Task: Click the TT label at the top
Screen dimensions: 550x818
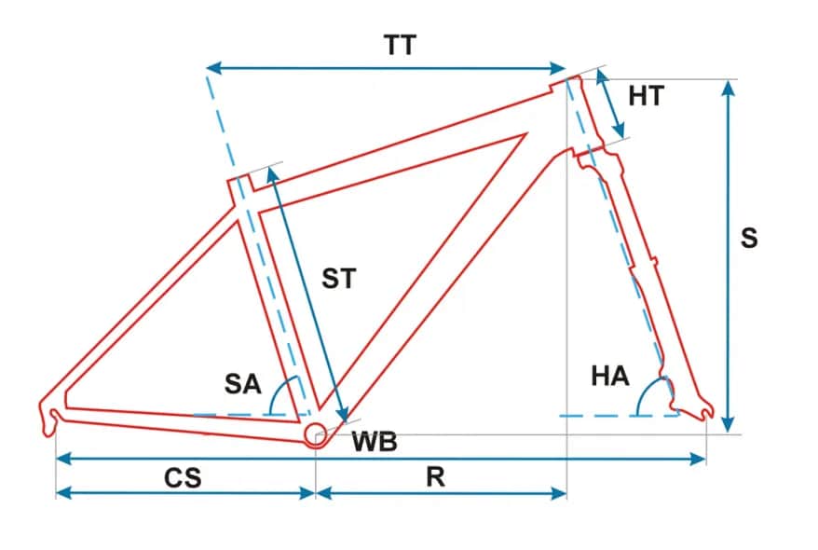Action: (400, 45)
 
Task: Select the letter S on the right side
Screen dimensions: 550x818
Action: (749, 238)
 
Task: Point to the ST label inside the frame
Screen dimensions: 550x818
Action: (339, 278)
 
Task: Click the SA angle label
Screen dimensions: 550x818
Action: (243, 383)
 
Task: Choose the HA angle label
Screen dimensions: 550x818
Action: (610, 377)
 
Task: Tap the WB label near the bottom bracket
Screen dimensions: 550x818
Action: (375, 442)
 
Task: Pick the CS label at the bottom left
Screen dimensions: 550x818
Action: (183, 477)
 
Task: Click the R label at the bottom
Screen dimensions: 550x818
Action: (435, 477)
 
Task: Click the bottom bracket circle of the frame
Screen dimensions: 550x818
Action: (315, 433)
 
